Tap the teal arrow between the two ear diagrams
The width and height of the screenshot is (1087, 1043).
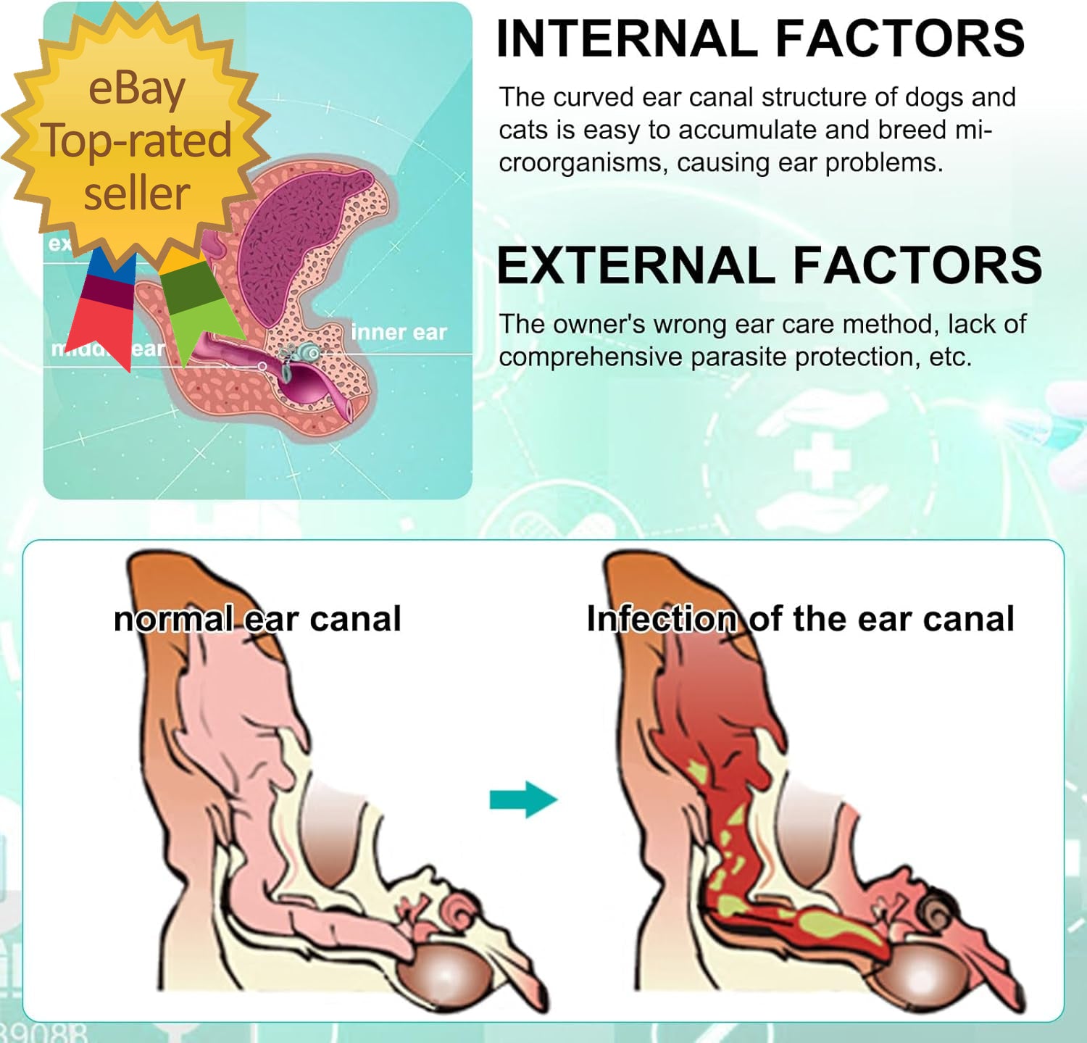(x=522, y=799)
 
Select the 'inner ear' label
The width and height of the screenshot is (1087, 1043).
(x=399, y=333)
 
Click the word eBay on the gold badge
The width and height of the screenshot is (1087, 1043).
(x=136, y=88)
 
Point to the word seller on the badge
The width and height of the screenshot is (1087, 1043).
(x=136, y=194)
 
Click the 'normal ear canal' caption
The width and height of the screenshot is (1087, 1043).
(x=257, y=619)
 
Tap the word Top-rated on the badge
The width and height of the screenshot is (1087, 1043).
(x=136, y=141)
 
